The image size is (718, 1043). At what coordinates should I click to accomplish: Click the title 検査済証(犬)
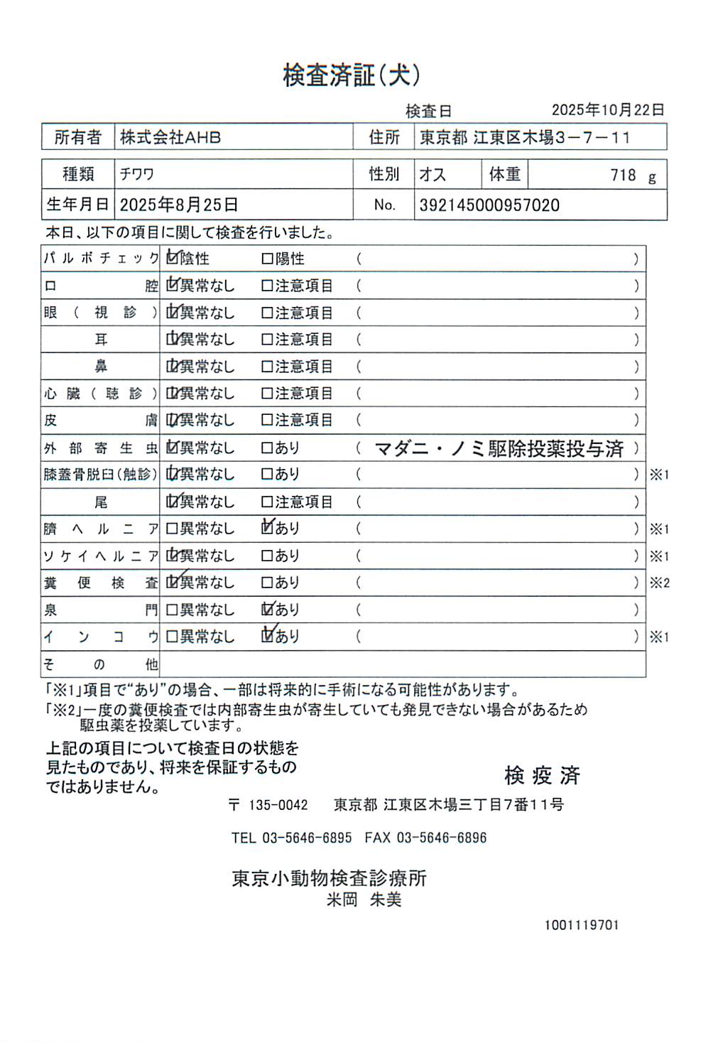(x=352, y=75)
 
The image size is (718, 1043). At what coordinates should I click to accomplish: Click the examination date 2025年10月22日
(x=607, y=110)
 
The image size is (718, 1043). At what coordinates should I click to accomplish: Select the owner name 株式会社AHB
(x=170, y=137)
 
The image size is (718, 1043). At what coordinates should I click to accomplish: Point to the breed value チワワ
(x=137, y=175)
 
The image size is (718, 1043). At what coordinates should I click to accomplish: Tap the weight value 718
(x=623, y=175)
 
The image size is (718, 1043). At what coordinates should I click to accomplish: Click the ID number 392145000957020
(x=489, y=206)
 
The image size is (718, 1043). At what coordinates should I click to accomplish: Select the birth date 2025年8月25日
(x=179, y=205)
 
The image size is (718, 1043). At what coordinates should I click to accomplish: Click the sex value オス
(x=433, y=175)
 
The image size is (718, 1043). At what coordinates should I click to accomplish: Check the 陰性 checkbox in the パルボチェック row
(x=172, y=259)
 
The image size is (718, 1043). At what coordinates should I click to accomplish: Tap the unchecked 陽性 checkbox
(x=267, y=259)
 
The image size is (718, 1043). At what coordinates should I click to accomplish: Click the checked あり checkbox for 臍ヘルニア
(x=268, y=528)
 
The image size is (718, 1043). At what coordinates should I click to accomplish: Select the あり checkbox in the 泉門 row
(x=268, y=609)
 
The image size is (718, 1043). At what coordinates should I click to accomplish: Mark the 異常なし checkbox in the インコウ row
(x=171, y=637)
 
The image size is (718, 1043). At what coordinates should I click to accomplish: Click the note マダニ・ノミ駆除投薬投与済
(x=499, y=448)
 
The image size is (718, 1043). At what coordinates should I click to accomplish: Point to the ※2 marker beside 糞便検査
(x=659, y=583)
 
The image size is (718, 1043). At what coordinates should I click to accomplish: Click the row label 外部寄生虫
(x=100, y=448)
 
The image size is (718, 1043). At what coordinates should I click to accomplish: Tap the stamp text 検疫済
(x=542, y=775)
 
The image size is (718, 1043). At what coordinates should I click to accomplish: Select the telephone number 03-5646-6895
(x=307, y=838)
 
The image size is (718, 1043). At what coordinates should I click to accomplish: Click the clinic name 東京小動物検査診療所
(x=329, y=878)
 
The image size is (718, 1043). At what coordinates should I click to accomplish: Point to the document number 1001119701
(x=582, y=925)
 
